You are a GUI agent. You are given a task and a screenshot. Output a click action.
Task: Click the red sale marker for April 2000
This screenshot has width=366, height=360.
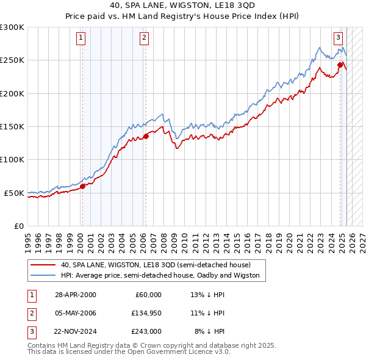coord(82,187)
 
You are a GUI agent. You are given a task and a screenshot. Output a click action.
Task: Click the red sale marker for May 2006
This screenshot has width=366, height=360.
coord(146,137)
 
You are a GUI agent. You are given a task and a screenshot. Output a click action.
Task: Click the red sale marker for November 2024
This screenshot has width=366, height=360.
coord(340,64)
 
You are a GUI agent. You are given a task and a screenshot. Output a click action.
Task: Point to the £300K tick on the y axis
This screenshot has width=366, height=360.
coord(12,27)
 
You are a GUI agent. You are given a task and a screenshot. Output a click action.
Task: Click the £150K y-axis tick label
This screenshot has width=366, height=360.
coord(12,127)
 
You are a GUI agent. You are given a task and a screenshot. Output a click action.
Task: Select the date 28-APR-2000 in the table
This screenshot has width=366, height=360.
coord(76,295)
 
